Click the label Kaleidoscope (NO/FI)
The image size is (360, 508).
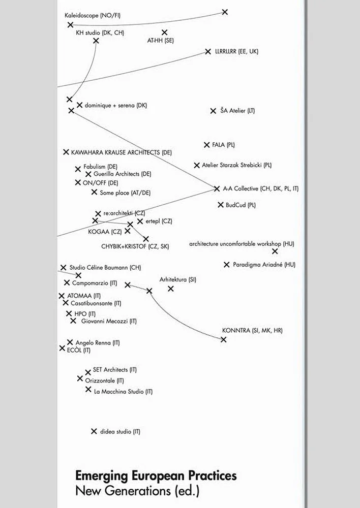pos(93,16)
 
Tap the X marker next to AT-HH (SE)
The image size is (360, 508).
pos(164,33)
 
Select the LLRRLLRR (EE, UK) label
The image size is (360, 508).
pos(237,52)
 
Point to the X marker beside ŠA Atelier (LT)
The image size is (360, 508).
pos(213,111)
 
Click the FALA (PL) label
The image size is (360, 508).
pos(224,145)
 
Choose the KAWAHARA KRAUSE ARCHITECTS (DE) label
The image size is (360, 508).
pos(122,152)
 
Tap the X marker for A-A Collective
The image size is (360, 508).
pos(217,188)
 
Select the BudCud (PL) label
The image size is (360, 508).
pos(241,205)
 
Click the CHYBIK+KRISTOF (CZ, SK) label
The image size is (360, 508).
pos(135,247)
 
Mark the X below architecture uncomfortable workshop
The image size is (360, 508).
pos(275,251)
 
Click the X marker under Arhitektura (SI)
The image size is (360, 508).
pos(171,289)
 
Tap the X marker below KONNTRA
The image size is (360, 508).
pos(224,339)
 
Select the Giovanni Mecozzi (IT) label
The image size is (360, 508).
pos(109,322)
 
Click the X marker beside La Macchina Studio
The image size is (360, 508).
pos(88,390)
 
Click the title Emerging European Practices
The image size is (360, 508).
pos(156,476)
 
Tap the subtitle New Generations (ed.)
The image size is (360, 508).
pos(137,491)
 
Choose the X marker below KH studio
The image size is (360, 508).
pos(96,41)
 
